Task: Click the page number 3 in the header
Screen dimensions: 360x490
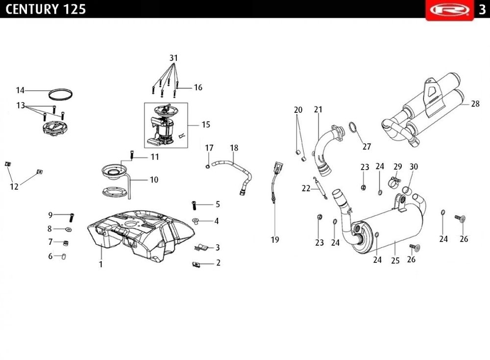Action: pyautogui.click(x=482, y=9)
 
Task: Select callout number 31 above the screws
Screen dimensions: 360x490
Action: pyautogui.click(x=173, y=58)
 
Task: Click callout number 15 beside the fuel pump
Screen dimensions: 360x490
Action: pyautogui.click(x=206, y=125)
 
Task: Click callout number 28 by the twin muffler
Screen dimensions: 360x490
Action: pyautogui.click(x=475, y=104)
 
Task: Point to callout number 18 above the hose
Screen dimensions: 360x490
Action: pyautogui.click(x=234, y=148)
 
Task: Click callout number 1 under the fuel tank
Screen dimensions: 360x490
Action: pyautogui.click(x=101, y=264)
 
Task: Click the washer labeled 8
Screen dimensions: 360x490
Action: pyautogui.click(x=68, y=229)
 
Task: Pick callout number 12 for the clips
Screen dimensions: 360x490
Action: pyautogui.click(x=14, y=186)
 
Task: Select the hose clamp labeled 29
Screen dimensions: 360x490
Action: pyautogui.click(x=395, y=183)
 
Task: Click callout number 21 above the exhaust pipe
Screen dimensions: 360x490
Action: pyautogui.click(x=318, y=109)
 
